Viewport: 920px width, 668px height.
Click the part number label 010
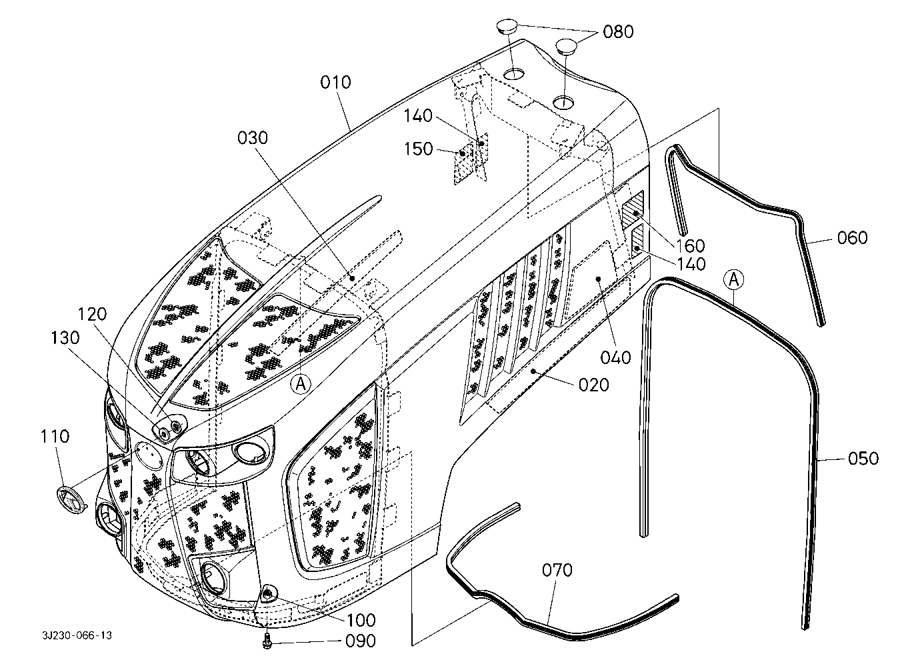(335, 82)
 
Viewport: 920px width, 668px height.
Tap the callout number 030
(253, 137)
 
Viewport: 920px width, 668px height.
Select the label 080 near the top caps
(618, 31)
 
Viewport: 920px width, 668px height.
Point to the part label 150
(418, 149)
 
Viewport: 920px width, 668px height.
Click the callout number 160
(691, 246)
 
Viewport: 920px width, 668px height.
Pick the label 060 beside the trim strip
(852, 238)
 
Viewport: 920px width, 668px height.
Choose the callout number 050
(863, 459)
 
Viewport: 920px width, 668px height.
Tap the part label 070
(557, 570)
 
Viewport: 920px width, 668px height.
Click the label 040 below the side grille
(615, 358)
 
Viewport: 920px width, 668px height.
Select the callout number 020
(593, 385)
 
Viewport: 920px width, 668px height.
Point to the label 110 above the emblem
(55, 436)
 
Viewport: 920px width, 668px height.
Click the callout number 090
(360, 641)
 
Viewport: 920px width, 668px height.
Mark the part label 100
(361, 621)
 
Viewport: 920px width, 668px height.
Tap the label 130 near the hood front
(65, 338)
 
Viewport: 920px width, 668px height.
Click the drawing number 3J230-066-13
(77, 635)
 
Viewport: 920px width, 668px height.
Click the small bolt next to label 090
(267, 641)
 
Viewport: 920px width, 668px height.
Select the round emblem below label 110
(72, 499)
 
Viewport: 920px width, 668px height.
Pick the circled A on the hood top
(301, 384)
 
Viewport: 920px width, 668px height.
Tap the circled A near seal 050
(733, 280)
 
